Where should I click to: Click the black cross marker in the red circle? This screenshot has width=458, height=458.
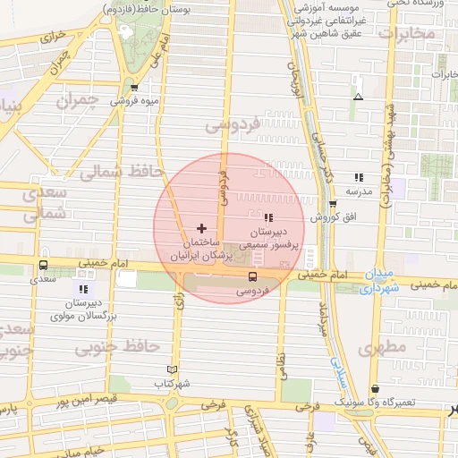click(200, 229)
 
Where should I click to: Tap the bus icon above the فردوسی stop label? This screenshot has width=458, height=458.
click(252, 276)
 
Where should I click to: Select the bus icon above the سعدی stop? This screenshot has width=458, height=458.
click(44, 265)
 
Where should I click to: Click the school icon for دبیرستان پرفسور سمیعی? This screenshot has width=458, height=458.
click(268, 217)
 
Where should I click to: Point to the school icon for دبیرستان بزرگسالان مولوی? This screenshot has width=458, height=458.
click(83, 289)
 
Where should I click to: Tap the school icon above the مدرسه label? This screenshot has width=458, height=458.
click(359, 177)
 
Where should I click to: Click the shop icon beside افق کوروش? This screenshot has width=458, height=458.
click(334, 204)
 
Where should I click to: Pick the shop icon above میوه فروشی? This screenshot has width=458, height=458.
click(134, 87)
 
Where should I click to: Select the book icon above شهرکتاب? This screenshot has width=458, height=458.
click(173, 369)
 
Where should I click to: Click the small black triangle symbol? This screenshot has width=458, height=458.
click(359, 97)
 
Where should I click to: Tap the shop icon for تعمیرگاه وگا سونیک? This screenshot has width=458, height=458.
click(375, 389)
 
